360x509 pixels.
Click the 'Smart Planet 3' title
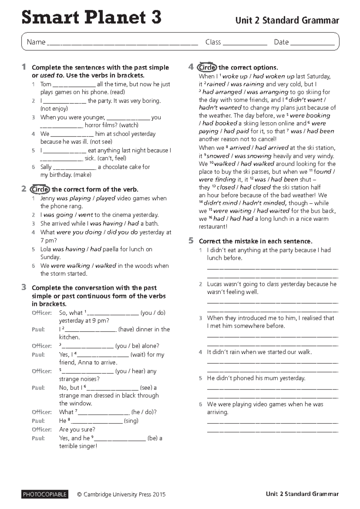click(x=91, y=17)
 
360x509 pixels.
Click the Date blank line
click(x=312, y=44)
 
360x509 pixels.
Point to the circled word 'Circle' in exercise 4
click(x=207, y=67)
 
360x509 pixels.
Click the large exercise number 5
click(x=191, y=240)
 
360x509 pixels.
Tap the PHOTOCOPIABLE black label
click(x=45, y=494)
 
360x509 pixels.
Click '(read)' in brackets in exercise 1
click(x=118, y=92)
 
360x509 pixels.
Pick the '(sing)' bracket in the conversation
click(x=131, y=421)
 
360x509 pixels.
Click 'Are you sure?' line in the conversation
click(x=77, y=429)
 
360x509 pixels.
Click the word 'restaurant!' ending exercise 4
click(x=213, y=227)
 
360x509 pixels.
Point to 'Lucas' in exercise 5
click(x=215, y=284)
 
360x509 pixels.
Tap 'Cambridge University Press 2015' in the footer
click(x=124, y=495)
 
